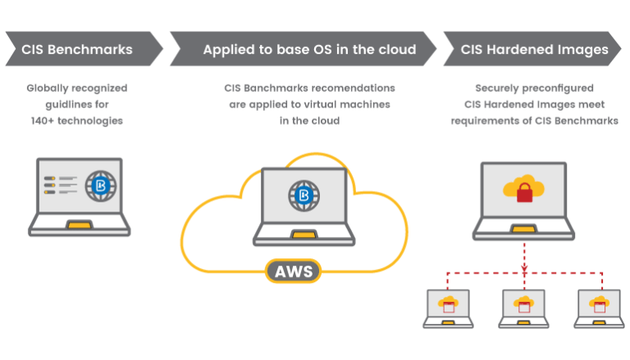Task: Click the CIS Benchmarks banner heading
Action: pos(79,49)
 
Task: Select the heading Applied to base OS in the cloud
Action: pos(309,49)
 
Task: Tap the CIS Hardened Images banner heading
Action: pos(535,49)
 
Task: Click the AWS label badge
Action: pos(293,271)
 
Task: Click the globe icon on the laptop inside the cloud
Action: pos(302,195)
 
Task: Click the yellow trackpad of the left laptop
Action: pos(79,223)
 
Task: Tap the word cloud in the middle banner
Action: pos(398,49)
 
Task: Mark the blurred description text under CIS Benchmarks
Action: pos(76,103)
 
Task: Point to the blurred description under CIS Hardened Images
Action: pos(535,103)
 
